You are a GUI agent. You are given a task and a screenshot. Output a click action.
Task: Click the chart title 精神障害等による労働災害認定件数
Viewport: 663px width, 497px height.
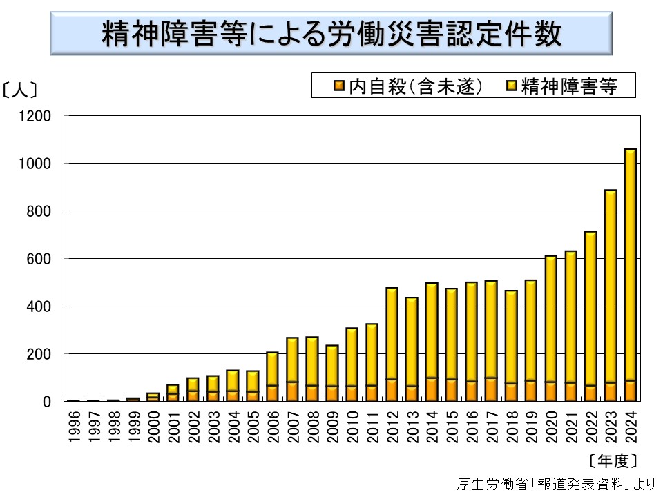tap(331, 34)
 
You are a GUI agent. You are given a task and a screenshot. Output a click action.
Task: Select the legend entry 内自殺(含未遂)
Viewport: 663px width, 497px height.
tap(408, 86)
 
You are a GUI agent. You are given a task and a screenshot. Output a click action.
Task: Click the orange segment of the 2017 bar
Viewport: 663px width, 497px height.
tap(490, 389)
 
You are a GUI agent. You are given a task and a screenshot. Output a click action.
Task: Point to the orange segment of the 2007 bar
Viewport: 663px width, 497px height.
tap(292, 391)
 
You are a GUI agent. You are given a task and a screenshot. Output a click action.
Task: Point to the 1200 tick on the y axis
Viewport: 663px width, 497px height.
tap(39, 116)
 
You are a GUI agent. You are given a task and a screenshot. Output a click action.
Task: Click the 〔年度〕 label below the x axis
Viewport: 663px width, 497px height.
tap(613, 460)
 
